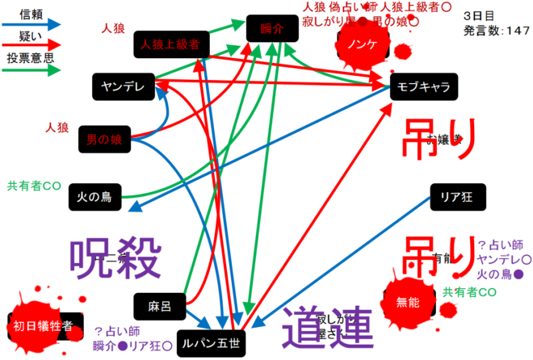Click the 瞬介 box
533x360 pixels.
(273, 27)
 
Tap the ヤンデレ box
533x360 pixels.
(122, 86)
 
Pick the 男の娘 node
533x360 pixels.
(104, 140)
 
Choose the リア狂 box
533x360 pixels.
(455, 195)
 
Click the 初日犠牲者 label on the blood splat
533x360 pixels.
(44, 326)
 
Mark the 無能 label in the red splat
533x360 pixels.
(408, 303)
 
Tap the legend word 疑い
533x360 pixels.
(31, 36)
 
